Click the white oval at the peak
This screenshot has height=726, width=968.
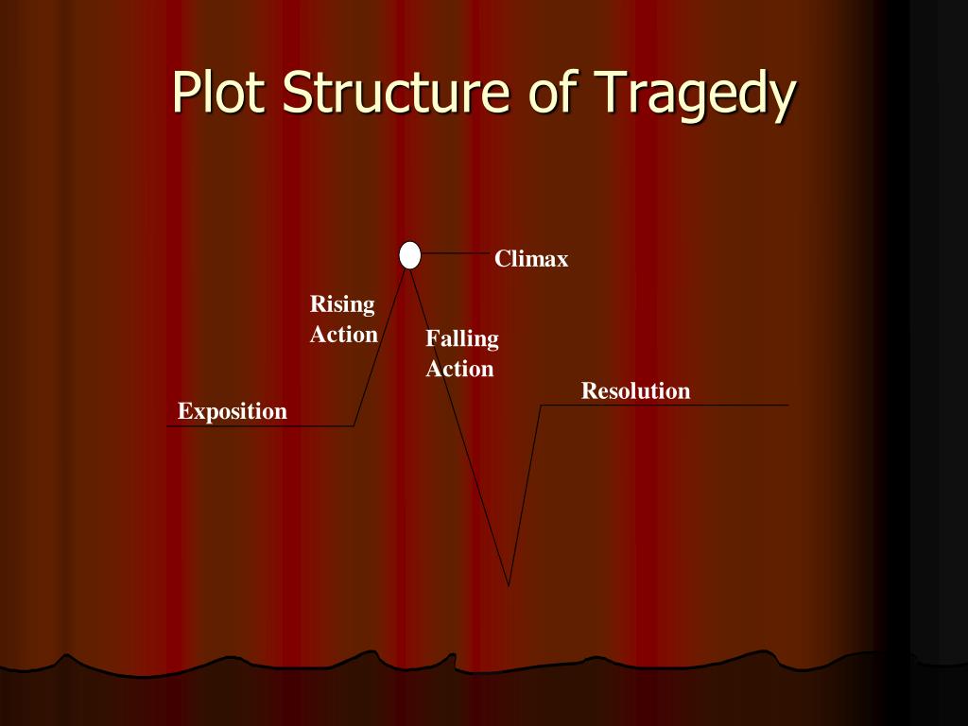tap(409, 255)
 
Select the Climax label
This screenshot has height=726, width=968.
tap(531, 259)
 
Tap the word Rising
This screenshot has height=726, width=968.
tap(342, 304)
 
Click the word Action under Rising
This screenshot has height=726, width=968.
tap(344, 335)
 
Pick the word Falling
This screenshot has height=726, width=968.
tap(462, 338)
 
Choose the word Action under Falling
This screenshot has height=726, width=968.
tap(459, 369)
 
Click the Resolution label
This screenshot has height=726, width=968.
tap(635, 390)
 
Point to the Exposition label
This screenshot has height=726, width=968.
tap(233, 411)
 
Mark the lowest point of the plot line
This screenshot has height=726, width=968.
tap(509, 585)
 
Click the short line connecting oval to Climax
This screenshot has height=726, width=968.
tap(456, 253)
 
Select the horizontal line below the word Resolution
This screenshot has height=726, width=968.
tap(662, 406)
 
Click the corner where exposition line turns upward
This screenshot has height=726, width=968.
tap(354, 425)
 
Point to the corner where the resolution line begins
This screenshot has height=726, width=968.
tap(541, 406)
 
